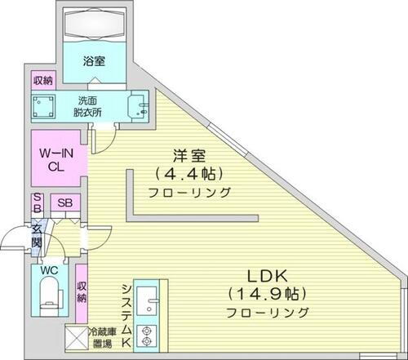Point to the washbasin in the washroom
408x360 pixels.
click(139, 107)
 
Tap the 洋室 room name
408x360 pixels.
click(188, 155)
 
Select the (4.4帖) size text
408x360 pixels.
click(189, 173)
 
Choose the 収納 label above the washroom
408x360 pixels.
click(42, 81)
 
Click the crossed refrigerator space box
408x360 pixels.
click(78, 338)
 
